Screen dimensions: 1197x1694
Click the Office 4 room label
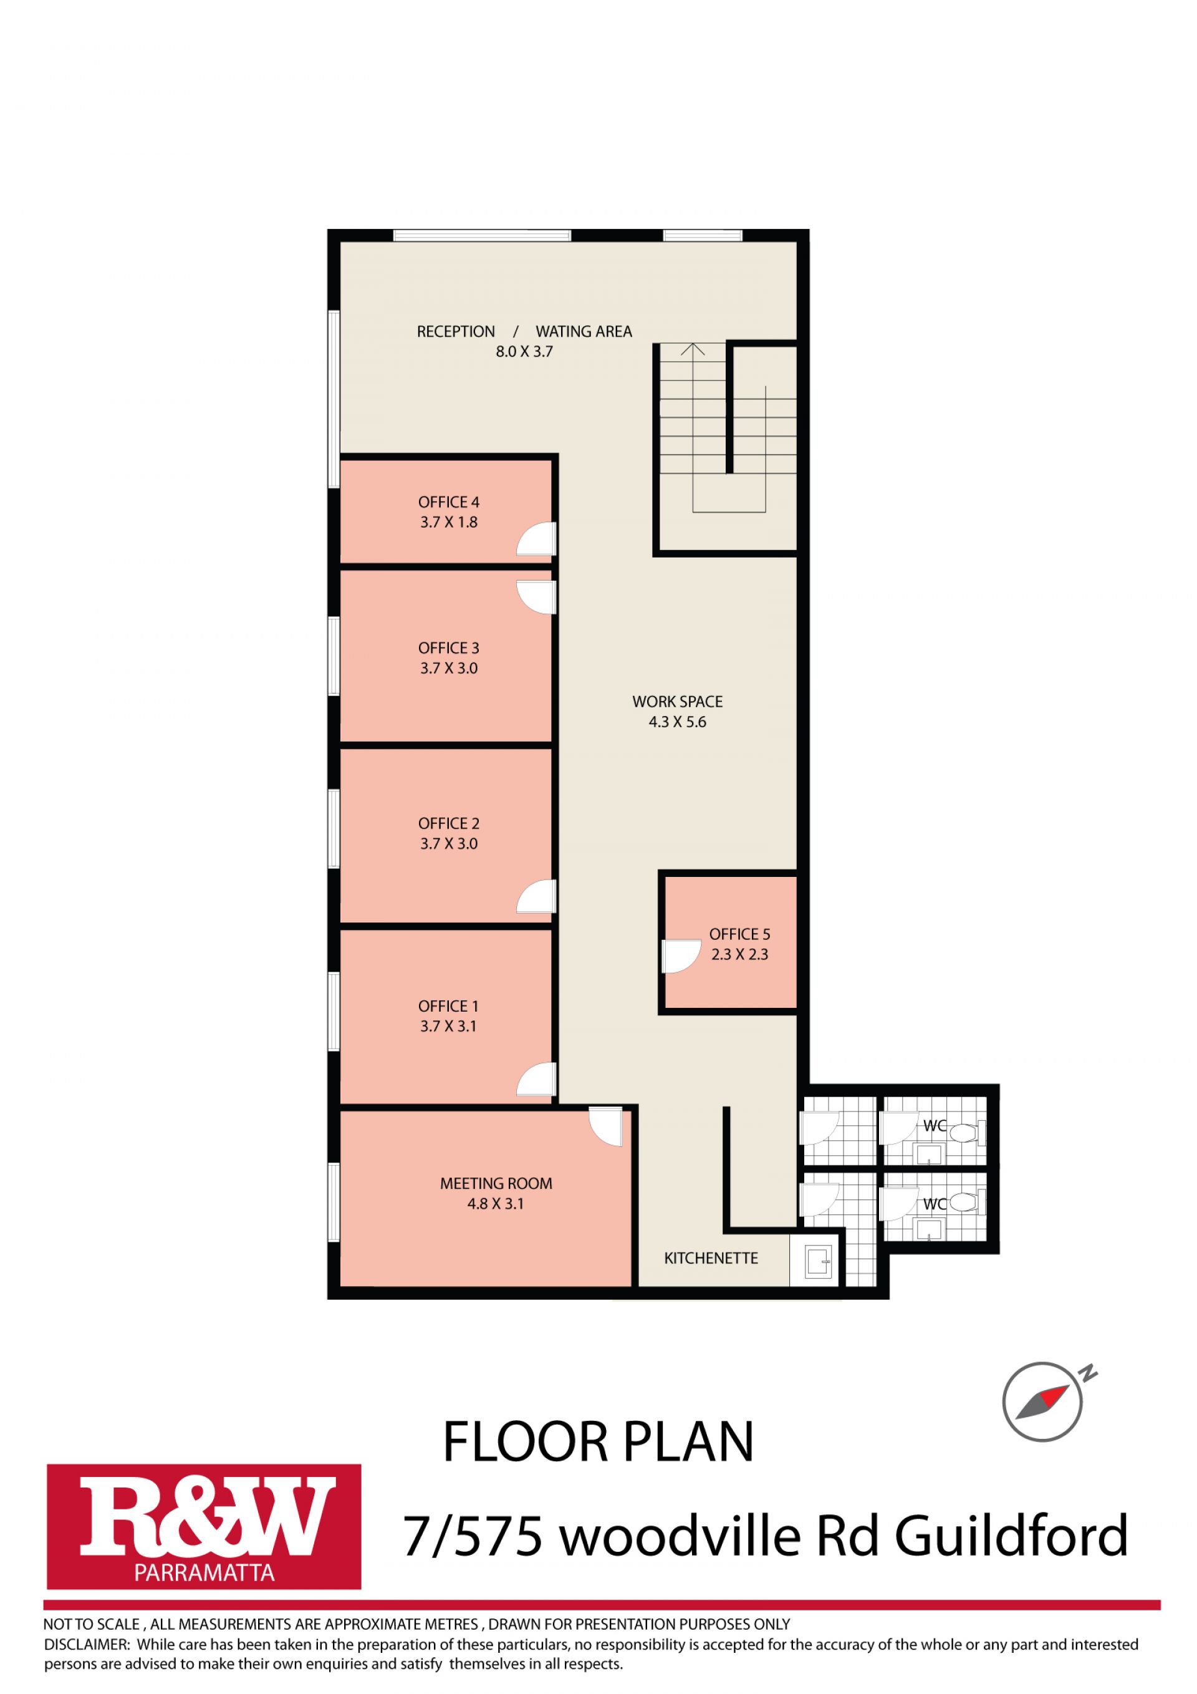448,503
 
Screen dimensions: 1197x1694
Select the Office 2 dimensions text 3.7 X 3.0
448,844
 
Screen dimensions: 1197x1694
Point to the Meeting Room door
606,1126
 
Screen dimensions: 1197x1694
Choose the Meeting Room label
496,1183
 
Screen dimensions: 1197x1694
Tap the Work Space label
677,702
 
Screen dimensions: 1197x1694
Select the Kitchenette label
711,1258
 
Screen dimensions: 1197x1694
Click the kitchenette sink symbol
815,1261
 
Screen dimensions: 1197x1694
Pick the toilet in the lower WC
967,1204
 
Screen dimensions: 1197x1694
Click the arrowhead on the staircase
692,350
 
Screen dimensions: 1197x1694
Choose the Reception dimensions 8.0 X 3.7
524,352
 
